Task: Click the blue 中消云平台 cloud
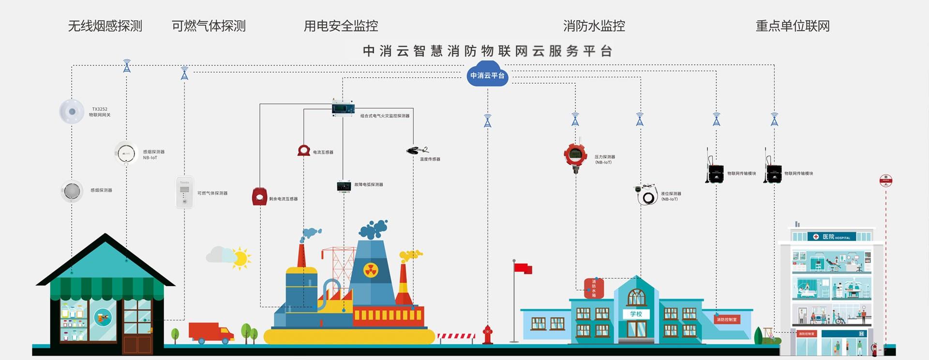pyautogui.click(x=487, y=75)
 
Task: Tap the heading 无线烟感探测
pyautogui.click(x=105, y=26)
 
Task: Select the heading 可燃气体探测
pyautogui.click(x=209, y=26)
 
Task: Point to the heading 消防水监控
pyautogui.click(x=594, y=26)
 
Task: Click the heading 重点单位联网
pyautogui.click(x=793, y=26)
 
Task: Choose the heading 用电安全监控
pyautogui.click(x=341, y=26)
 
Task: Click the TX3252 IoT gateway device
pyautogui.click(x=72, y=112)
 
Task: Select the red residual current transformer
pyautogui.click(x=260, y=196)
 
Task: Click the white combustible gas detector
pyautogui.click(x=184, y=193)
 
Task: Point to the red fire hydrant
pyautogui.click(x=487, y=334)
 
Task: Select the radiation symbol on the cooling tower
pyautogui.click(x=371, y=270)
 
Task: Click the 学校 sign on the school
pyautogui.click(x=636, y=314)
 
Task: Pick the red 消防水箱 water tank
pyautogui.click(x=594, y=288)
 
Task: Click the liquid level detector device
pyautogui.click(x=647, y=195)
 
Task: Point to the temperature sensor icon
pyautogui.click(x=416, y=150)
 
